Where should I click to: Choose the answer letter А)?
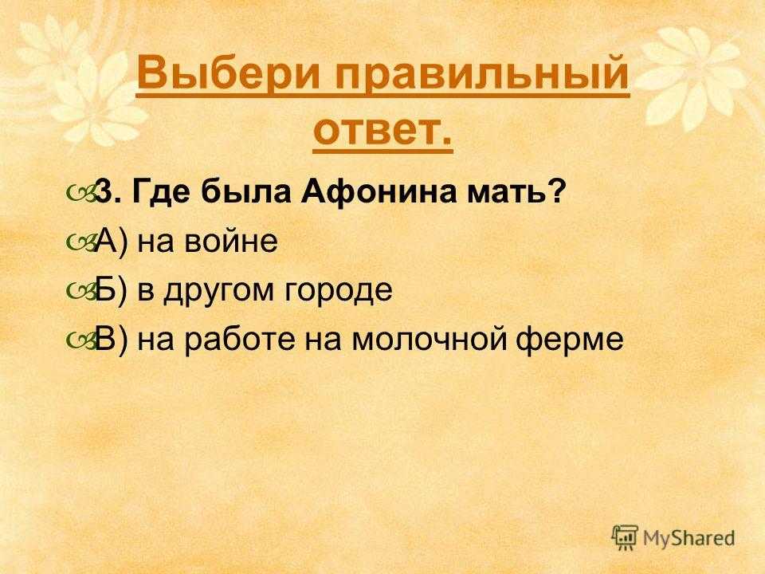[112, 242]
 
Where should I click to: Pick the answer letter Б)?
[112, 290]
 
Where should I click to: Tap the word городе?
[339, 292]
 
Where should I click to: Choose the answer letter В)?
[112, 340]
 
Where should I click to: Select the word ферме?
[569, 340]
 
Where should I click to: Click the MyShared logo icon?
[625, 537]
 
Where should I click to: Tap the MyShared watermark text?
[688, 538]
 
